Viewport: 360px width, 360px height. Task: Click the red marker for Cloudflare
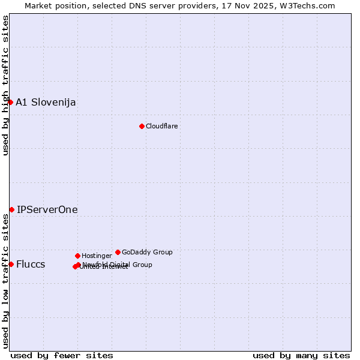click(x=142, y=126)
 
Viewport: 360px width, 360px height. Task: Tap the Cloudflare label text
click(x=162, y=126)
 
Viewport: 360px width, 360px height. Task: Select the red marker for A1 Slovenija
click(x=10, y=102)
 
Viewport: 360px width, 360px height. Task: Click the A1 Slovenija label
click(x=46, y=102)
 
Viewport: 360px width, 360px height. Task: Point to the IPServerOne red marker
click(x=11, y=209)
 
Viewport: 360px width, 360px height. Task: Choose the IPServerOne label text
click(x=47, y=209)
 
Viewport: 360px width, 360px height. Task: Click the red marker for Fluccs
click(x=11, y=264)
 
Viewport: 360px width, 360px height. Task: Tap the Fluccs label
click(x=31, y=264)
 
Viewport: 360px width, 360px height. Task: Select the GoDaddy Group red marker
click(x=118, y=252)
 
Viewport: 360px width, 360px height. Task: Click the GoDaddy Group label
click(x=147, y=252)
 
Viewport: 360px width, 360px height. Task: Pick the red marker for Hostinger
click(x=77, y=256)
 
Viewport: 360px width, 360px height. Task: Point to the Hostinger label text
click(x=97, y=256)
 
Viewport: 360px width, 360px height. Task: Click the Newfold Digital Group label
click(x=118, y=264)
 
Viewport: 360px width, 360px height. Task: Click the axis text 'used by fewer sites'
click(x=62, y=355)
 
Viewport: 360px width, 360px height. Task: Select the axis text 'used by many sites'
click(x=301, y=355)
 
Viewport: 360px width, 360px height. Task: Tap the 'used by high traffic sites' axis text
click(x=5, y=85)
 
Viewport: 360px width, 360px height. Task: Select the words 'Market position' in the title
click(x=53, y=5)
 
